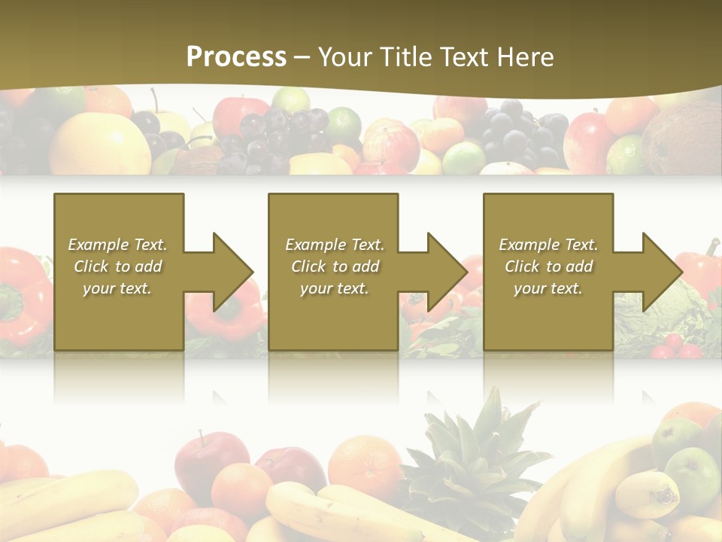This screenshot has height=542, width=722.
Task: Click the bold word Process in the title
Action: pos(236,56)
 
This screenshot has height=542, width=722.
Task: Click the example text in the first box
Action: pos(118,266)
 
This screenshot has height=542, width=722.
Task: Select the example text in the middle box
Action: pos(335,266)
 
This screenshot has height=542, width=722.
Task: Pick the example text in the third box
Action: pos(548,266)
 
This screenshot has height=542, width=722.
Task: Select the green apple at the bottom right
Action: pos(692,474)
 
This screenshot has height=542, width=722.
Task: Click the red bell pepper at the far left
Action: pos(21,294)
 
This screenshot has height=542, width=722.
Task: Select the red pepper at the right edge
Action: pos(699,271)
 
